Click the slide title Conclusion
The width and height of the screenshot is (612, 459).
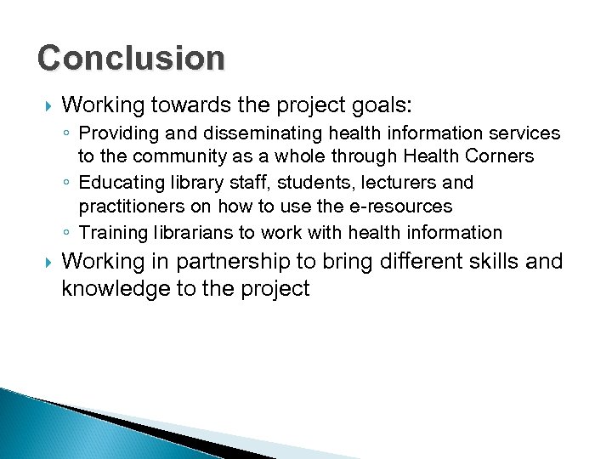point(131,59)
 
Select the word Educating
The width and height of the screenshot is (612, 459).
point(116,183)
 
